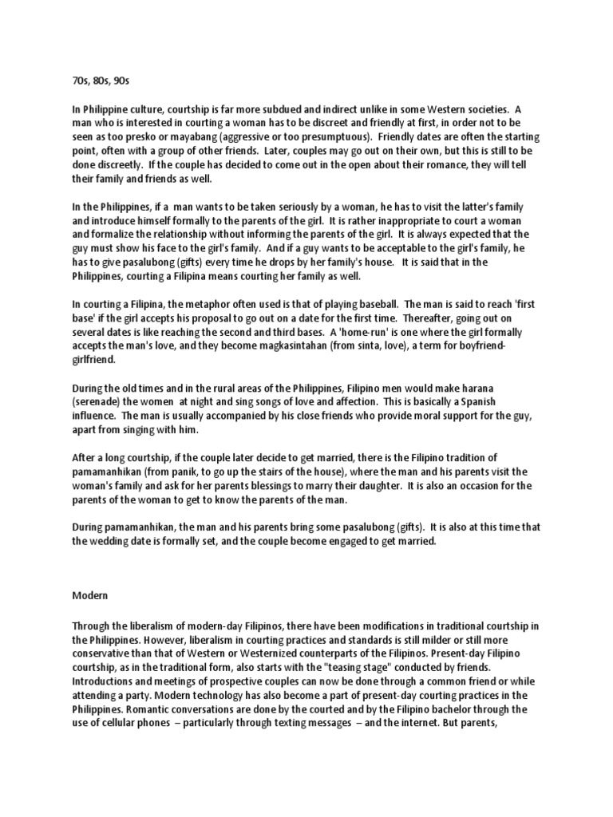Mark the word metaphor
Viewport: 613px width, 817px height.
[221, 304]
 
